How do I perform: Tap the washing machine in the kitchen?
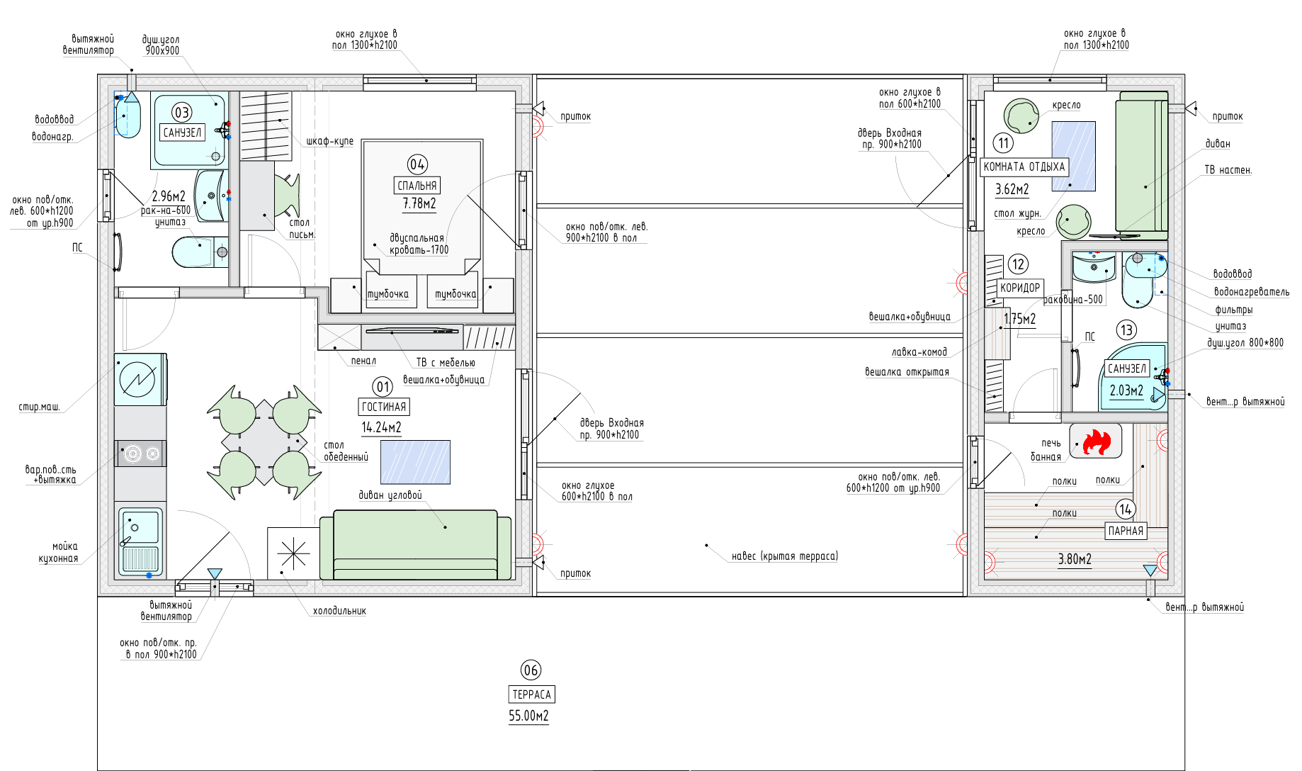coord(140,379)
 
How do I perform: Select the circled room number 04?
coord(417,164)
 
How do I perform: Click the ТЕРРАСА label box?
coord(531,694)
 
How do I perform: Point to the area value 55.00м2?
coord(528,716)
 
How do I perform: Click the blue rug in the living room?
coord(415,462)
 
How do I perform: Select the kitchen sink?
coord(140,541)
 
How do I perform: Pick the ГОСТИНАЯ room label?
coord(384,407)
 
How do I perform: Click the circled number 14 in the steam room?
coord(1125,509)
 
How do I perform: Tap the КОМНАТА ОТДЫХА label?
coord(1024,167)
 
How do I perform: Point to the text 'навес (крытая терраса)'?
coord(784,556)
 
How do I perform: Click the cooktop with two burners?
coord(140,454)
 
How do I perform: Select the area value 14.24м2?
coord(381,427)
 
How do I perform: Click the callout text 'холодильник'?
coord(339,611)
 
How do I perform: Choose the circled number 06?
coord(531,670)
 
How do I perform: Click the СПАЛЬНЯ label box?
coord(417,186)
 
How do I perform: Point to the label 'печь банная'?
coord(1046,450)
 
